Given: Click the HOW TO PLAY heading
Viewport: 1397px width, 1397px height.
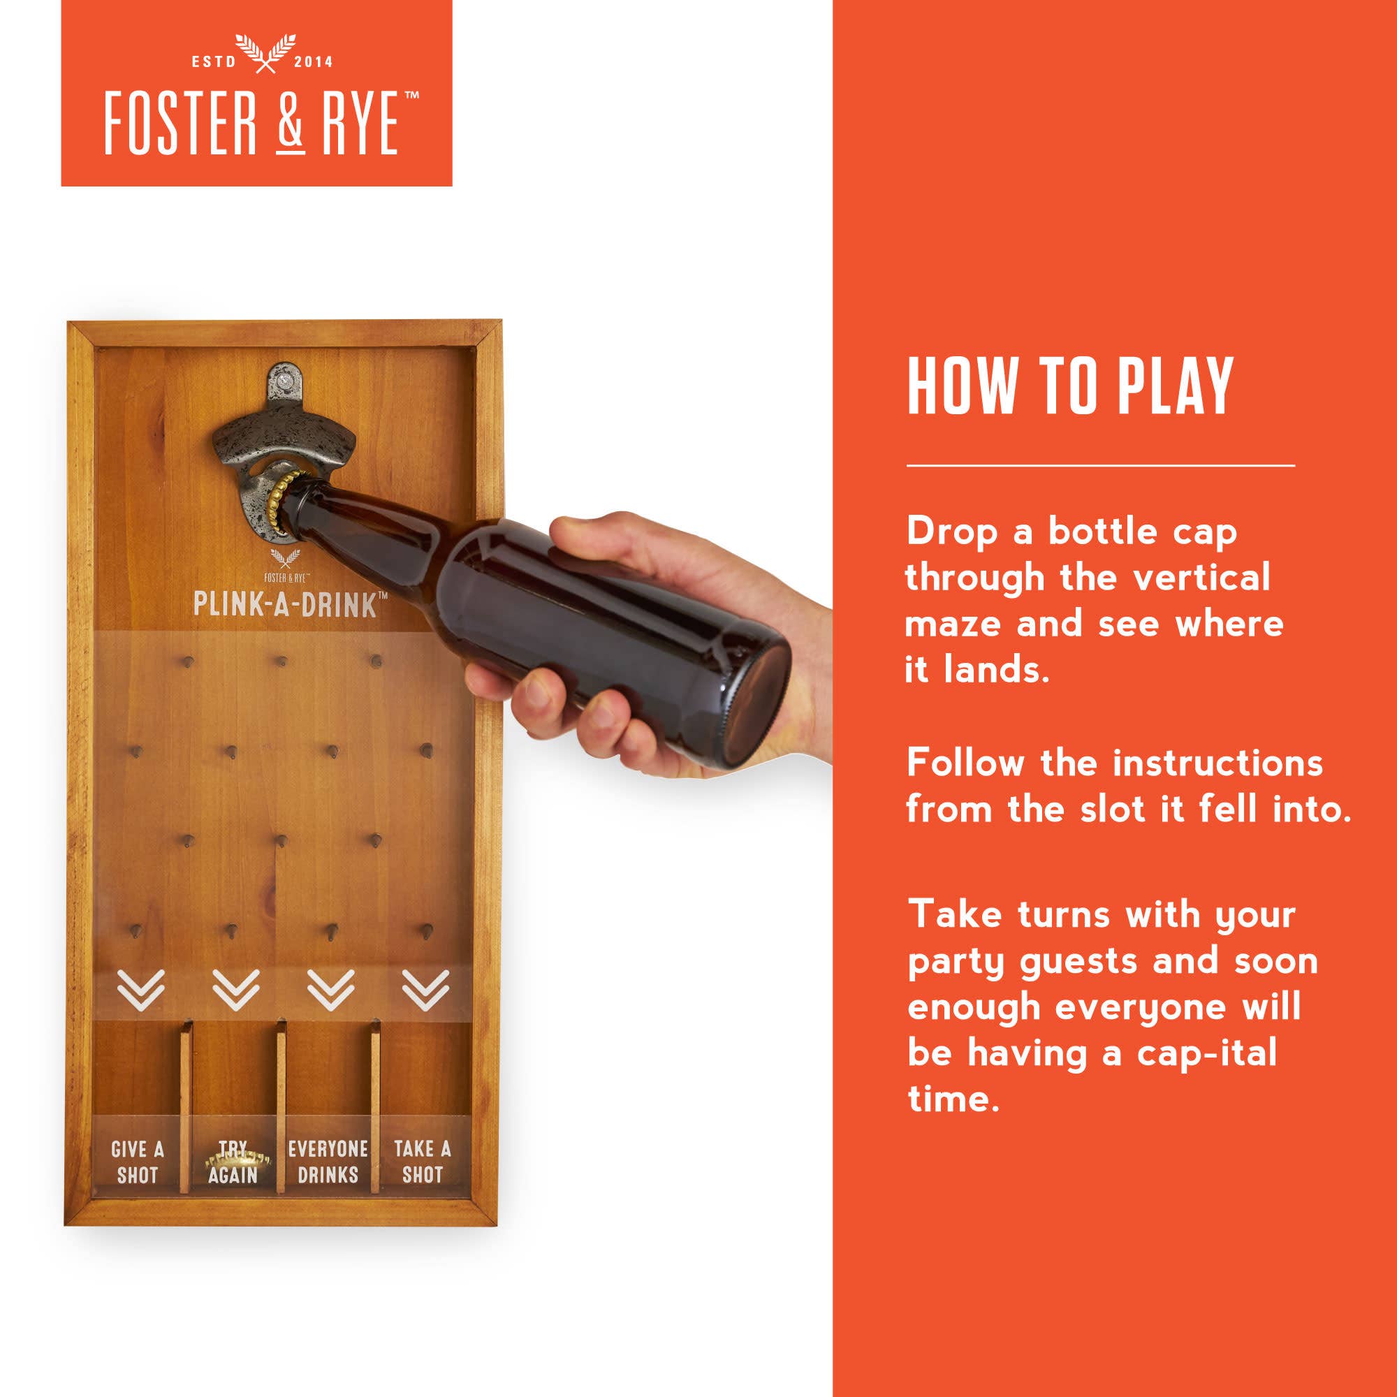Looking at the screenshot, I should [x=1069, y=386].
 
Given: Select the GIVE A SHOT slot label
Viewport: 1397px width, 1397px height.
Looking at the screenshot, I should [x=138, y=1162].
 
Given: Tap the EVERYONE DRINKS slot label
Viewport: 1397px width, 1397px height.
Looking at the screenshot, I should [x=328, y=1162].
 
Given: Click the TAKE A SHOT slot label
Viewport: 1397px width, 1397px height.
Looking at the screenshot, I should [x=423, y=1162].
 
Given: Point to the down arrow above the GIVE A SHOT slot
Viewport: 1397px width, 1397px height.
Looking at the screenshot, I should [x=141, y=990].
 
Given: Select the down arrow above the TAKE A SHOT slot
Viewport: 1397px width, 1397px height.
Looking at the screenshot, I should [x=426, y=990].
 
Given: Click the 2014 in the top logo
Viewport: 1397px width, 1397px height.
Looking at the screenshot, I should [x=313, y=62].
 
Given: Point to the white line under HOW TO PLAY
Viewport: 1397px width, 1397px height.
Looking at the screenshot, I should [x=1101, y=466].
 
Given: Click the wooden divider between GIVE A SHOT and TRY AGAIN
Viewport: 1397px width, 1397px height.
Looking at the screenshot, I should [x=186, y=1106].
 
